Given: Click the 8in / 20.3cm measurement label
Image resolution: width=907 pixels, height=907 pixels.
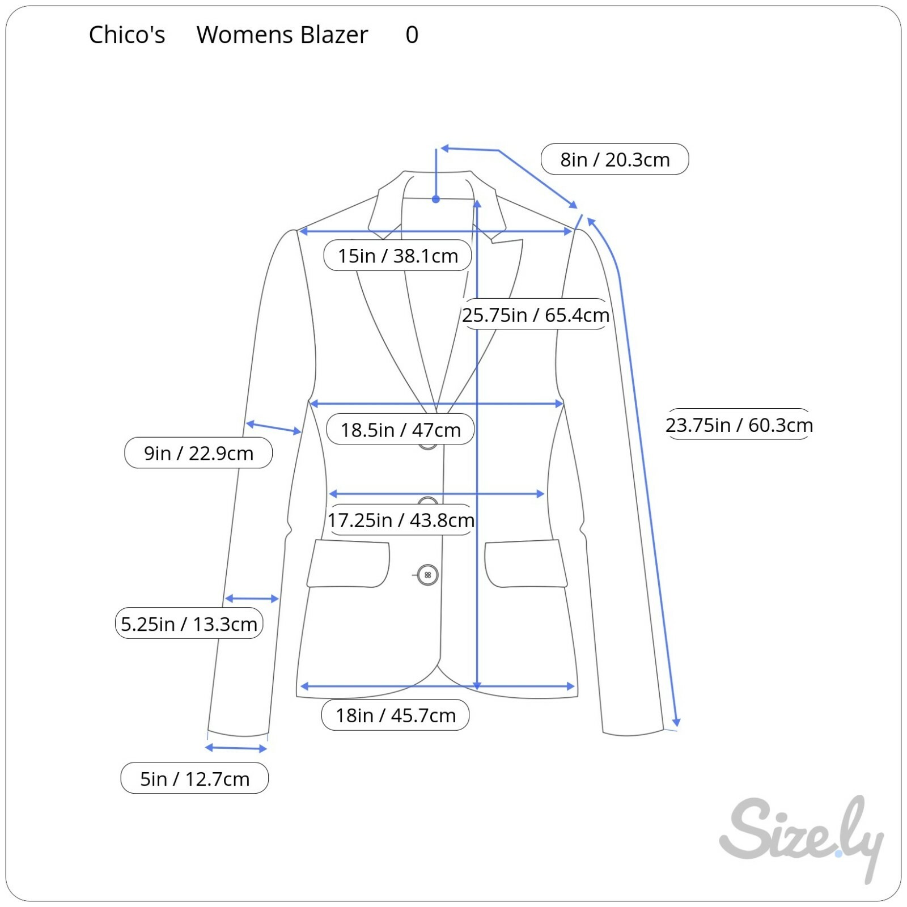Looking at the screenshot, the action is pos(614,159).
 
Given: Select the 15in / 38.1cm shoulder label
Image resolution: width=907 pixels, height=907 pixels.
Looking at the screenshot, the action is pos(397,256).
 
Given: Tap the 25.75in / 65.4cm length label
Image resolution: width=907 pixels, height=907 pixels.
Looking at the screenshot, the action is pos(535,315).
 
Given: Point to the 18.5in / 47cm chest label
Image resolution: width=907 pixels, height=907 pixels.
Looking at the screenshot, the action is pos(400,430).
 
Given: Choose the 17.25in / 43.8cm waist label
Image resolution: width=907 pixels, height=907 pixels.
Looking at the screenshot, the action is pos(400,520).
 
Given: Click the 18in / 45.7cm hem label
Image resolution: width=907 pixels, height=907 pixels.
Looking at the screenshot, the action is pos(395,715).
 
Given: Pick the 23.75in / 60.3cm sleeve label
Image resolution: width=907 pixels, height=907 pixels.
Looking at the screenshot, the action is pos(739,425).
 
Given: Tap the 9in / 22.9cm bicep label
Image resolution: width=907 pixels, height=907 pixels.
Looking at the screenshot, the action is pos(198,453).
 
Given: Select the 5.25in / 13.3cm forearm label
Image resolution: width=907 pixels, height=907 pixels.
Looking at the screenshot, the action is pos(189,624).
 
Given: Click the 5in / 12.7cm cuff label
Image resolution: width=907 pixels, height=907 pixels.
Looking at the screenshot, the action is pos(194,778).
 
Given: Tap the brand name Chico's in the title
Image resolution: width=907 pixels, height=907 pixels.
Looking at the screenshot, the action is pos(127,35).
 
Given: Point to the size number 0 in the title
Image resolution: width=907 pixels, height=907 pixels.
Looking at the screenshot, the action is pos(412,35).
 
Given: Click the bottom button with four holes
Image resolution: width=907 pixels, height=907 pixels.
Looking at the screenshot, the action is pos(427,575).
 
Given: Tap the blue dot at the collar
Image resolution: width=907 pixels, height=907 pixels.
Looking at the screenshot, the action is pos(436,199).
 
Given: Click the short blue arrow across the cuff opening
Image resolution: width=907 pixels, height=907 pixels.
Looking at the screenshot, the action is pos(236,748).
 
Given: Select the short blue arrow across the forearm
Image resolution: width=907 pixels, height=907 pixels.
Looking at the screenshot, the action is pos(252,599).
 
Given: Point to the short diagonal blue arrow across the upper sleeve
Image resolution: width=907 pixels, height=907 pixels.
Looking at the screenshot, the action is pos(273,427).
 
